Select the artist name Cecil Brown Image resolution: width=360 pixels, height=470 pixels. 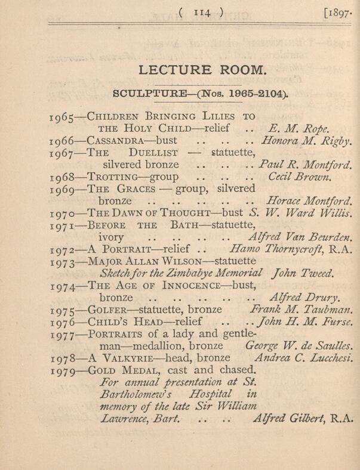pos(296,177)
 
